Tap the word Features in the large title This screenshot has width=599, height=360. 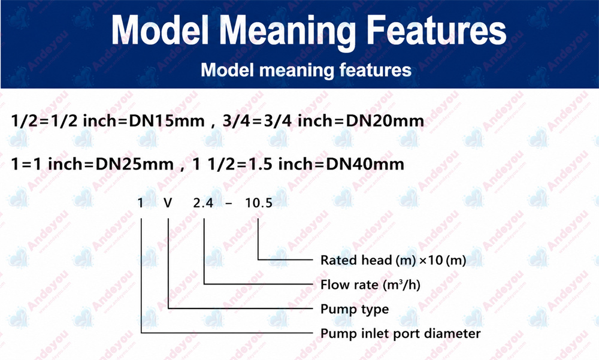tap(436, 30)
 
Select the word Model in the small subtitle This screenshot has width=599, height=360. tap(227, 70)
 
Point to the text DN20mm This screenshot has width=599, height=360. tap(385, 121)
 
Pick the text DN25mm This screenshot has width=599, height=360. tap(134, 165)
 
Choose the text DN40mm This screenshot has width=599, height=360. tap(365, 165)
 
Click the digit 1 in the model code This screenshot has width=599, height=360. tap(141, 203)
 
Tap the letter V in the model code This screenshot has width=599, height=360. tap(168, 203)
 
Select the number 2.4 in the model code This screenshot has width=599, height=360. tap(203, 203)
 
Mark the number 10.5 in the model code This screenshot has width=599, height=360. tap(259, 203)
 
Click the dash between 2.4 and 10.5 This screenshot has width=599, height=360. tap(229, 204)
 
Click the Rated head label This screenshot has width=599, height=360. tap(393, 261)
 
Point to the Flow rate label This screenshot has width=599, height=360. tap(370, 285)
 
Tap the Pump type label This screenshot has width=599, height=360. tap(355, 310)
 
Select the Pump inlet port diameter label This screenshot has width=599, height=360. tap(400, 334)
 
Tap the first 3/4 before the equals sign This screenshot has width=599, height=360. tap(237, 121)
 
